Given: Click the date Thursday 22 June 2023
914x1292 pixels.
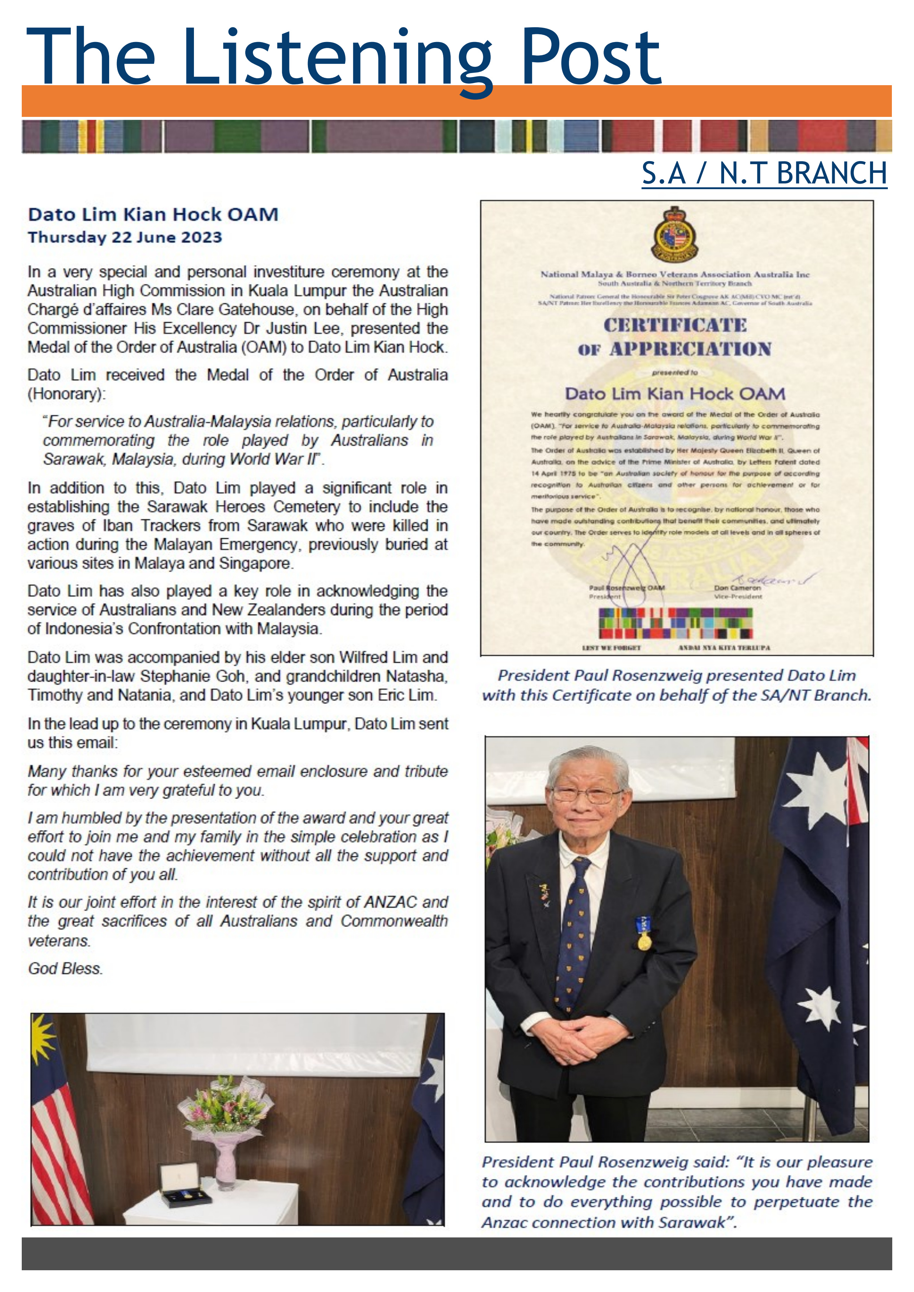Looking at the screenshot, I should pos(125,237).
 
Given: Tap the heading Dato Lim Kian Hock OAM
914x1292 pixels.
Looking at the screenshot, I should pos(153,214).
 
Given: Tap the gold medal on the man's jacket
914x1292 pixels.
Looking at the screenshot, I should pos(644,941).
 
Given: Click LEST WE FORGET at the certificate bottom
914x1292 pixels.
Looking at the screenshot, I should pos(611,648).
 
